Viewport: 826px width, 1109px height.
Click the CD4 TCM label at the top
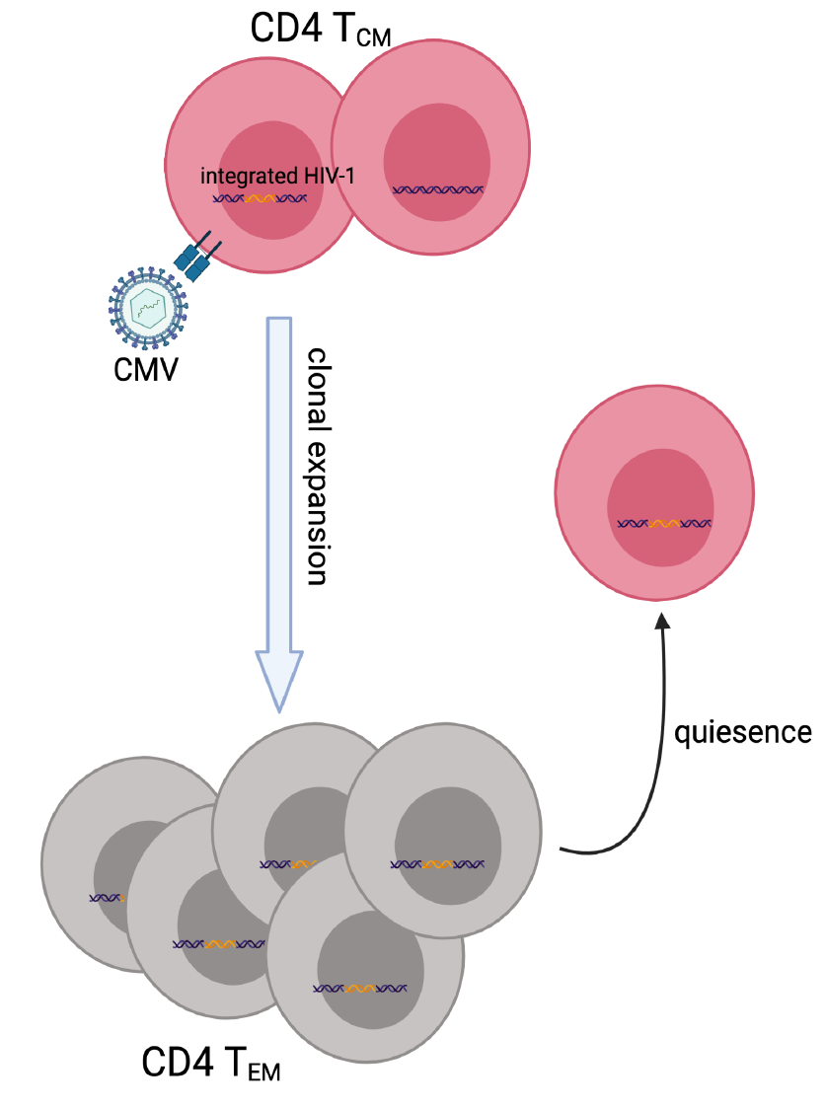click(321, 32)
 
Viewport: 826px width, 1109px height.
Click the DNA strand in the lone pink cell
click(664, 523)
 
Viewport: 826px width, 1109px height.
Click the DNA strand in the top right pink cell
click(438, 189)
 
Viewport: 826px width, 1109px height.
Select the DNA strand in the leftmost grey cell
click(107, 898)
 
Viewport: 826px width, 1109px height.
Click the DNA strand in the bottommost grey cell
click(359, 988)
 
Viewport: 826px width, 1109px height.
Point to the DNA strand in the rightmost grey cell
click(438, 864)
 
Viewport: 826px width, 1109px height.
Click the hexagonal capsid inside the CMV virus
click(147, 307)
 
